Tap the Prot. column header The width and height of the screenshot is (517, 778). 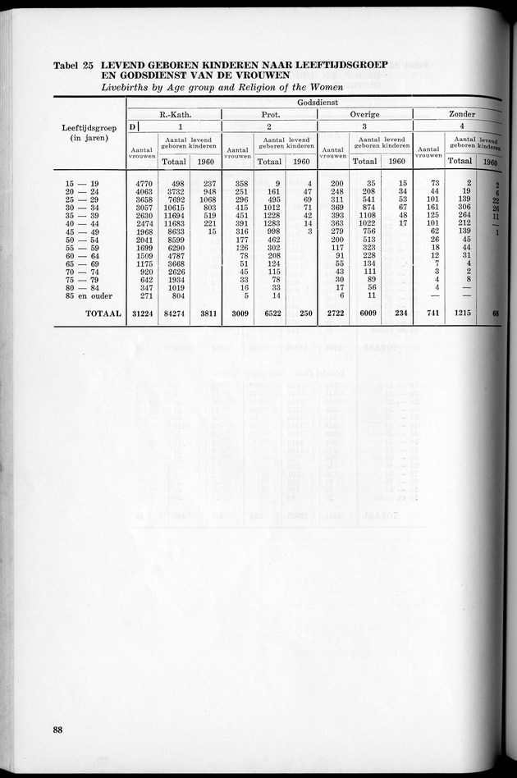pyautogui.click(x=270, y=114)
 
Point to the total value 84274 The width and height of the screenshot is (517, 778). pyautogui.click(x=173, y=313)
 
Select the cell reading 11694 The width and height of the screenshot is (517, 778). pyautogui.click(x=173, y=214)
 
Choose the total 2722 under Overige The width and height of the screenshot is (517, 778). pyautogui.click(x=332, y=313)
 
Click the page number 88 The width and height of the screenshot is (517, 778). pyautogui.click(x=57, y=730)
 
